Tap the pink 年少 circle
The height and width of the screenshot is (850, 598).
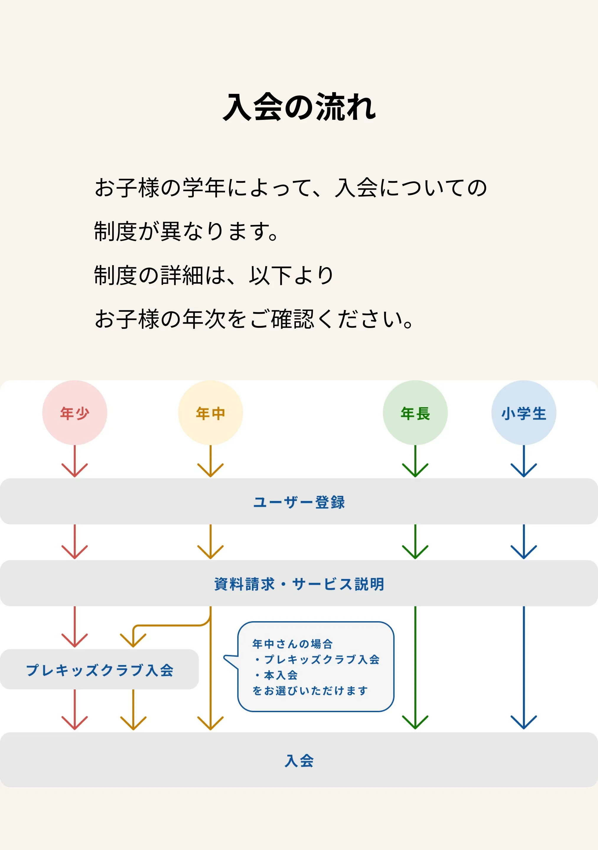click(75, 413)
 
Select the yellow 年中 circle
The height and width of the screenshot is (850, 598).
click(210, 413)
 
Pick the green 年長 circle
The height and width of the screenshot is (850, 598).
click(415, 413)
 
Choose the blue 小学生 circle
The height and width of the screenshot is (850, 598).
click(524, 413)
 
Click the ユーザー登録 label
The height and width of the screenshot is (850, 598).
click(299, 502)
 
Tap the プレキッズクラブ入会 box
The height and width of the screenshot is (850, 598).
click(99, 670)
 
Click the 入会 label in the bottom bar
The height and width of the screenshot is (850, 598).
click(299, 761)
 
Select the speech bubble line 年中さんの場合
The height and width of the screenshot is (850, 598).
click(293, 644)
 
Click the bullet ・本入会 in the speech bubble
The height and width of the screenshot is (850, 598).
click(276, 675)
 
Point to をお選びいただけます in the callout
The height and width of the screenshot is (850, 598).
click(310, 691)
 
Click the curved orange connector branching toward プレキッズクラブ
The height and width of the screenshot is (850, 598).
click(170, 625)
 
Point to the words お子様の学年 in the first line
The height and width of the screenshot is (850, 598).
click(159, 187)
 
